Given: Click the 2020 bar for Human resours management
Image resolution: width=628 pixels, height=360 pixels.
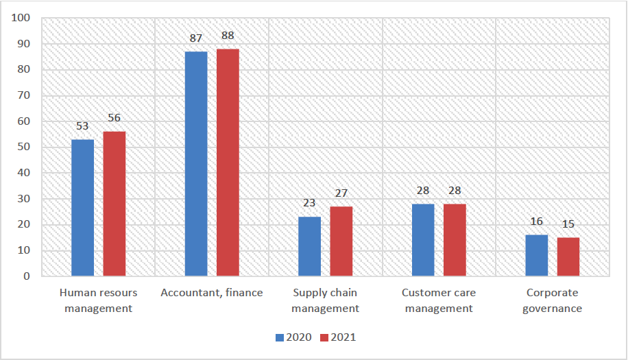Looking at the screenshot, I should pos(83,208).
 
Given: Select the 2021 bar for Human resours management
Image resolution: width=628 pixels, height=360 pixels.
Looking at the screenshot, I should pos(114,204).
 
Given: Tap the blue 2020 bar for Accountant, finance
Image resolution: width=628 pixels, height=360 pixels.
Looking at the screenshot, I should pos(196,164).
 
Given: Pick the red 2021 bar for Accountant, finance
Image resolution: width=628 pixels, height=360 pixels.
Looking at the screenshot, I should pos(228,163).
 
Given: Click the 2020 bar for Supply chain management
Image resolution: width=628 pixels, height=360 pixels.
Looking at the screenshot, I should pos(310,247).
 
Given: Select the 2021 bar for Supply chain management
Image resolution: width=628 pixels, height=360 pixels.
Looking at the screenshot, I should pos(341,241).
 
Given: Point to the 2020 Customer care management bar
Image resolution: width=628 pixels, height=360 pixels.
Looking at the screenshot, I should pos(423,240).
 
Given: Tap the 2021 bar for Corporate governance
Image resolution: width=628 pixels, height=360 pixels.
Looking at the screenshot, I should pos(568,257).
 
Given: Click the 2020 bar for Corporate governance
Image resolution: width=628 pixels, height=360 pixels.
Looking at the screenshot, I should pos(537,256).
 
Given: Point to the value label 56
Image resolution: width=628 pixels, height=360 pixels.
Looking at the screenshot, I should pos(114,119).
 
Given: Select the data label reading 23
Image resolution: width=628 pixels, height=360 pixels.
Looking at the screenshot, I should pos(310,204).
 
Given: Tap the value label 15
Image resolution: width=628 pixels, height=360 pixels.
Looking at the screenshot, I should pos(568,225).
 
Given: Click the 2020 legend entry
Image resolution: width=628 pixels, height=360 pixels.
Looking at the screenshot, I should pos(293,337).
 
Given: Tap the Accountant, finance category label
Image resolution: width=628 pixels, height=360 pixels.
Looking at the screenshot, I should pos(212,293).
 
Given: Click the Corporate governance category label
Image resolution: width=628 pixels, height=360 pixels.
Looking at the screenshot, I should pos(553,300).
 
